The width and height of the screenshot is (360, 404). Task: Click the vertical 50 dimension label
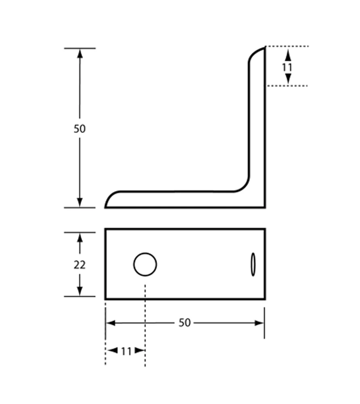[x=80, y=128]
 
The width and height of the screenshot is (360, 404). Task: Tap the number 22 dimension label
[x=80, y=265]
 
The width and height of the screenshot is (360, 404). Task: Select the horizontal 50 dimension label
[x=185, y=323]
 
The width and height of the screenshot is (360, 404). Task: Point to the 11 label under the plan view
[x=126, y=351]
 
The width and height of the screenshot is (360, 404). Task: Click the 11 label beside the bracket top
[x=287, y=67]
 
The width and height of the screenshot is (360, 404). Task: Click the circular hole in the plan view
[x=145, y=264]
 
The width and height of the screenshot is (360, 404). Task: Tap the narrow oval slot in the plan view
[x=253, y=265]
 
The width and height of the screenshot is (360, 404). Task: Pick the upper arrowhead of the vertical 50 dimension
[x=80, y=54]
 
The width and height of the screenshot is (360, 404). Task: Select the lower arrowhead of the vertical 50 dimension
[x=80, y=202]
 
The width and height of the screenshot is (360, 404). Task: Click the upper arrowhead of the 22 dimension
[x=80, y=238]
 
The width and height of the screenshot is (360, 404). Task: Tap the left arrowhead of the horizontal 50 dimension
[x=111, y=323]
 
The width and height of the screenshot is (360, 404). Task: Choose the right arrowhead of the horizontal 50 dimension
[x=259, y=323]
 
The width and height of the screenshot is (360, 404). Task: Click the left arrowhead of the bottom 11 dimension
[x=113, y=350]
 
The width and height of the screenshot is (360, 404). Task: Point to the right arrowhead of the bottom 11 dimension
[x=140, y=350]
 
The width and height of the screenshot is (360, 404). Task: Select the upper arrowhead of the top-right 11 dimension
[x=288, y=55]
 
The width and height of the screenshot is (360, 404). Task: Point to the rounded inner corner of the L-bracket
[x=244, y=187]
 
